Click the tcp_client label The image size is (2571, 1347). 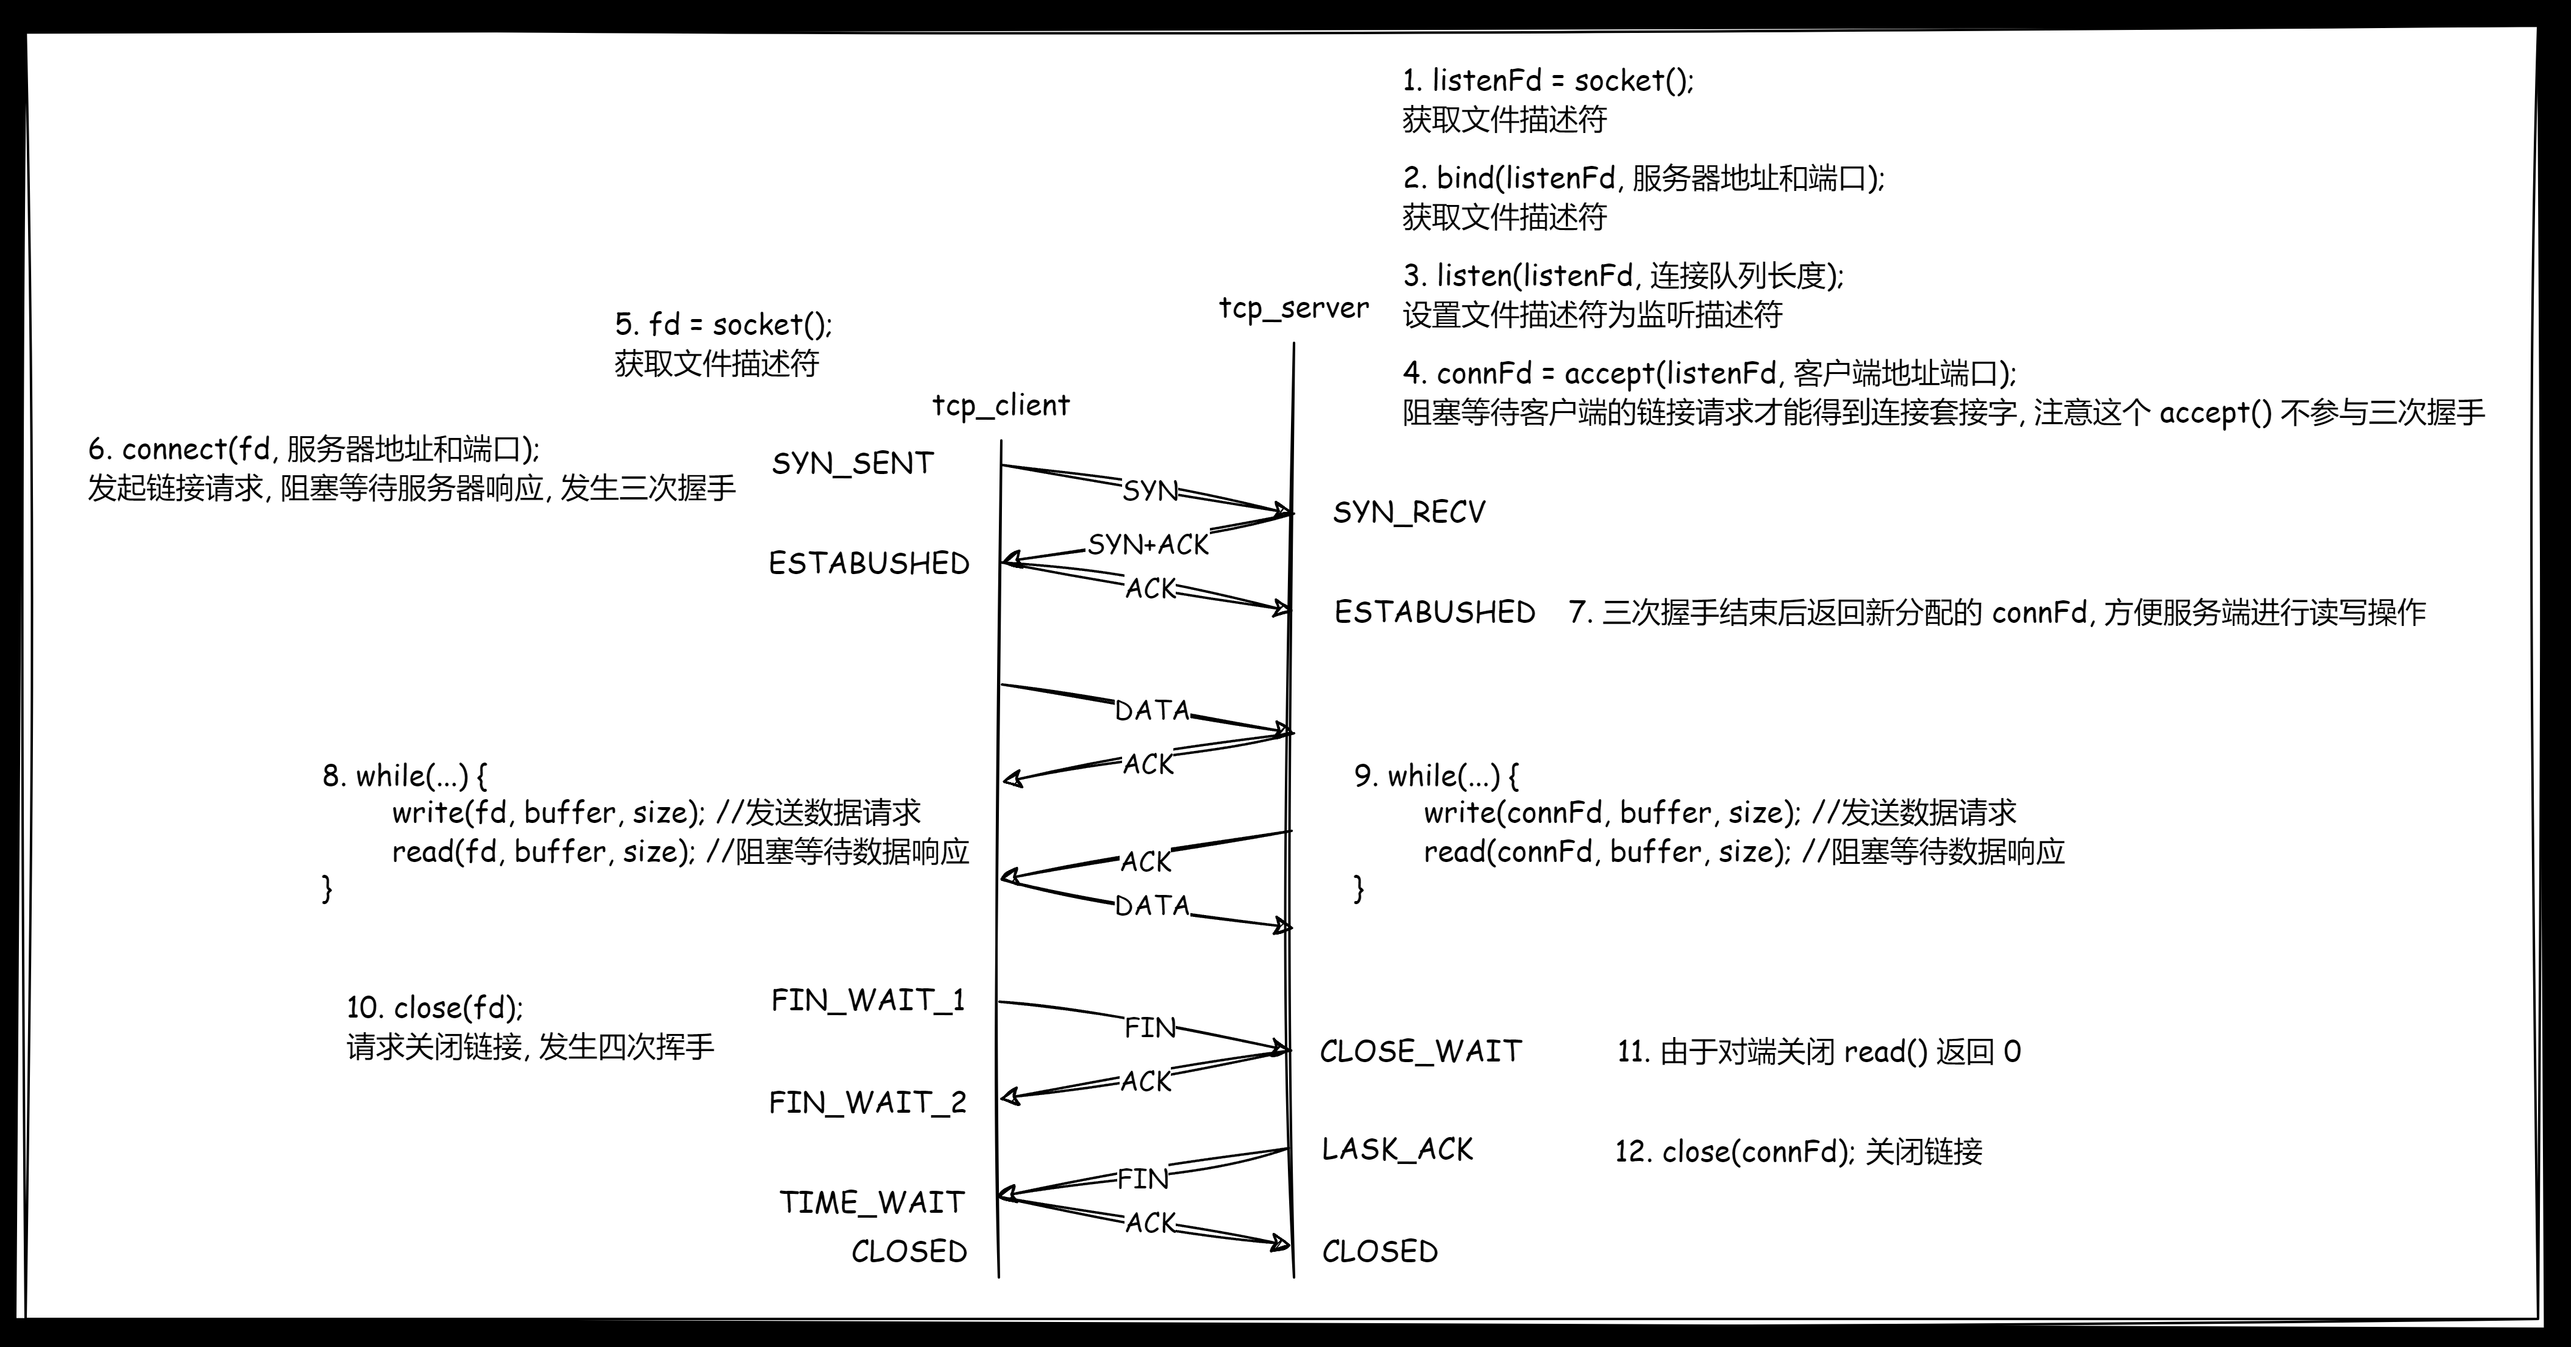tap(1000, 406)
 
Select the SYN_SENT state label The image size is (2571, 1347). tap(853, 463)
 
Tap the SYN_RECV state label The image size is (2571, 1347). tap(1408, 513)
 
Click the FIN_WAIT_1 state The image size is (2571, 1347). tap(867, 1000)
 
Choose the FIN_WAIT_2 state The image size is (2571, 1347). tap(867, 1102)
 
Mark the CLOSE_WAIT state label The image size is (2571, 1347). tap(1420, 1052)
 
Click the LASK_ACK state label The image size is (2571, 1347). tap(1396, 1149)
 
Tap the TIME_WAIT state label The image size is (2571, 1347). tap(871, 1202)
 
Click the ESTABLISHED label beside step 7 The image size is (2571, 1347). tap(1434, 612)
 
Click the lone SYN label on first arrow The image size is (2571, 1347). tap(1150, 491)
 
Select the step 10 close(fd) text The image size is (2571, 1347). tap(434, 1007)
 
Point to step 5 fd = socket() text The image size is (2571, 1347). tap(723, 325)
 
